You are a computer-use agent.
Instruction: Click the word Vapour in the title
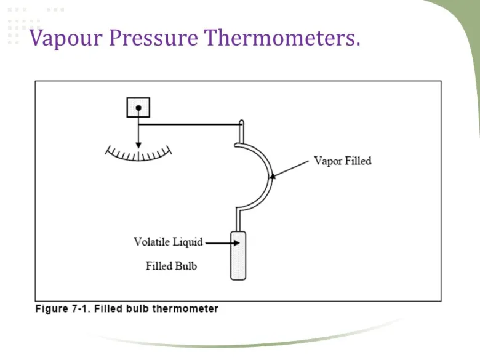[x=66, y=38]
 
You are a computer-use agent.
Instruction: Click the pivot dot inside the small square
[x=138, y=108]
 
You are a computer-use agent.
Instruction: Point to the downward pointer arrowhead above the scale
[x=138, y=144]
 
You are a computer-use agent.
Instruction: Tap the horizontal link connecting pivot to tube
[x=191, y=125]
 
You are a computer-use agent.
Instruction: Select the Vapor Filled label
[x=343, y=161]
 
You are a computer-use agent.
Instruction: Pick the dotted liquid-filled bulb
[x=238, y=255]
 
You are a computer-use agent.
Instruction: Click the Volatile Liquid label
[x=168, y=242]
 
